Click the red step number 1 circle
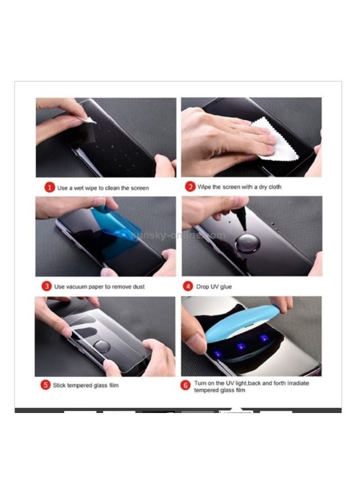[50, 188]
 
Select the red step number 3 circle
[47, 286]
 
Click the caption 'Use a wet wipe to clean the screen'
[103, 188]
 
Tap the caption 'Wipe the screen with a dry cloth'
[239, 187]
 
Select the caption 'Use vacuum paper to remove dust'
[99, 287]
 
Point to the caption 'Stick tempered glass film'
[86, 385]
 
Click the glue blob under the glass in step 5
[103, 346]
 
